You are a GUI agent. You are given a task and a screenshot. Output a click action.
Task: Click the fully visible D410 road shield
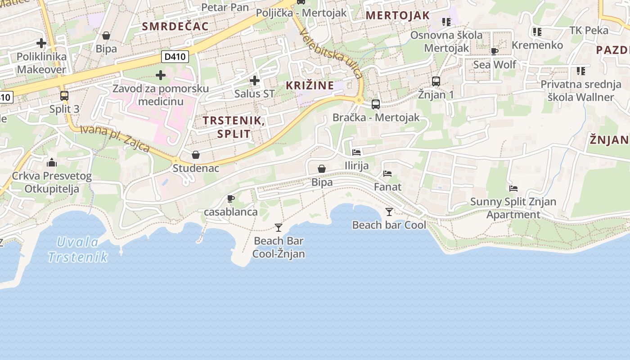pyautogui.click(x=175, y=57)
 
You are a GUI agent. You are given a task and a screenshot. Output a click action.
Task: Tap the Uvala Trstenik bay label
pyautogui.click(x=78, y=250)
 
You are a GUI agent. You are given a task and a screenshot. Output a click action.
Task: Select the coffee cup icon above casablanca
pyautogui.click(x=231, y=198)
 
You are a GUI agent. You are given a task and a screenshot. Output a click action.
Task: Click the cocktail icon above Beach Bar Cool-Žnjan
pyautogui.click(x=279, y=228)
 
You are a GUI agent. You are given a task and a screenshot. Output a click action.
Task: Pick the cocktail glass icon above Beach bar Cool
pyautogui.click(x=389, y=211)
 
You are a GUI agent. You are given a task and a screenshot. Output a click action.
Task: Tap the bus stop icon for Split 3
pyautogui.click(x=64, y=95)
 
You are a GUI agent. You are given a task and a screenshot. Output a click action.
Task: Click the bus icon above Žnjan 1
pyautogui.click(x=436, y=81)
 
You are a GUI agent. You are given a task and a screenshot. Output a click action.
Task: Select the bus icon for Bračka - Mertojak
pyautogui.click(x=376, y=104)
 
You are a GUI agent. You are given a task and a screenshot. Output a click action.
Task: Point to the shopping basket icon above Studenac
pyautogui.click(x=196, y=155)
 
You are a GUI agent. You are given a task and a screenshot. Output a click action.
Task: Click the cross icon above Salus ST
pyautogui.click(x=255, y=81)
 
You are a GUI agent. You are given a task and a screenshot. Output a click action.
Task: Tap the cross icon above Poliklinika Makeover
pyautogui.click(x=41, y=44)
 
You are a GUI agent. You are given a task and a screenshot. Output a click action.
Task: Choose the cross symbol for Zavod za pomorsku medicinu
pyautogui.click(x=161, y=75)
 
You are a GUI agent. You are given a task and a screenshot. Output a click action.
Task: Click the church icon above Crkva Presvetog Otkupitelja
pyautogui.click(x=52, y=162)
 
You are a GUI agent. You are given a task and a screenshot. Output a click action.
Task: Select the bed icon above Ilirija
pyautogui.click(x=356, y=153)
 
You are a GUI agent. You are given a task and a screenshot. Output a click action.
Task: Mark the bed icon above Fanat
pyautogui.click(x=387, y=173)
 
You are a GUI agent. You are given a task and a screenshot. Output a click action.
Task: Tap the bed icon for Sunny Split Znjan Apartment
pyautogui.click(x=513, y=189)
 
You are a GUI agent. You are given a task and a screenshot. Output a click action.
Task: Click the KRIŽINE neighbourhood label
pyautogui.click(x=310, y=85)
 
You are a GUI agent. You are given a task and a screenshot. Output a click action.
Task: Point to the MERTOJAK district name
pyautogui.click(x=398, y=15)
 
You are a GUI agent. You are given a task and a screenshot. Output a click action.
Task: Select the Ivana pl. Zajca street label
pyautogui.click(x=115, y=139)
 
